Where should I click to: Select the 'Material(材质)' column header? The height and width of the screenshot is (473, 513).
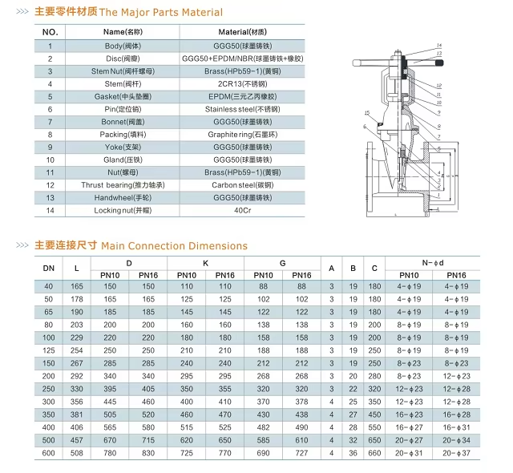(244, 32)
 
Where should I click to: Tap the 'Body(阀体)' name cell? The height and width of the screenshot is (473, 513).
(125, 46)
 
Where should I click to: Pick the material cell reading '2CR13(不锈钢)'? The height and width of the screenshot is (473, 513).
(243, 83)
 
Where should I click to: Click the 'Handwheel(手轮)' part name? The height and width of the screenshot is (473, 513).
(125, 197)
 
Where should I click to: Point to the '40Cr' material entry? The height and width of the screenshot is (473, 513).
(243, 210)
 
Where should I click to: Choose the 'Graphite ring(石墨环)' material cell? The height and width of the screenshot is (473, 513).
(243, 135)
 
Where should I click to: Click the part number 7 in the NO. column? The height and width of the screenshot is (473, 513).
(50, 122)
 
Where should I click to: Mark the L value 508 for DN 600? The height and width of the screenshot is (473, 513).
(77, 454)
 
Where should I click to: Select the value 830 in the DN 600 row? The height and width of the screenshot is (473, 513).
(147, 454)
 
